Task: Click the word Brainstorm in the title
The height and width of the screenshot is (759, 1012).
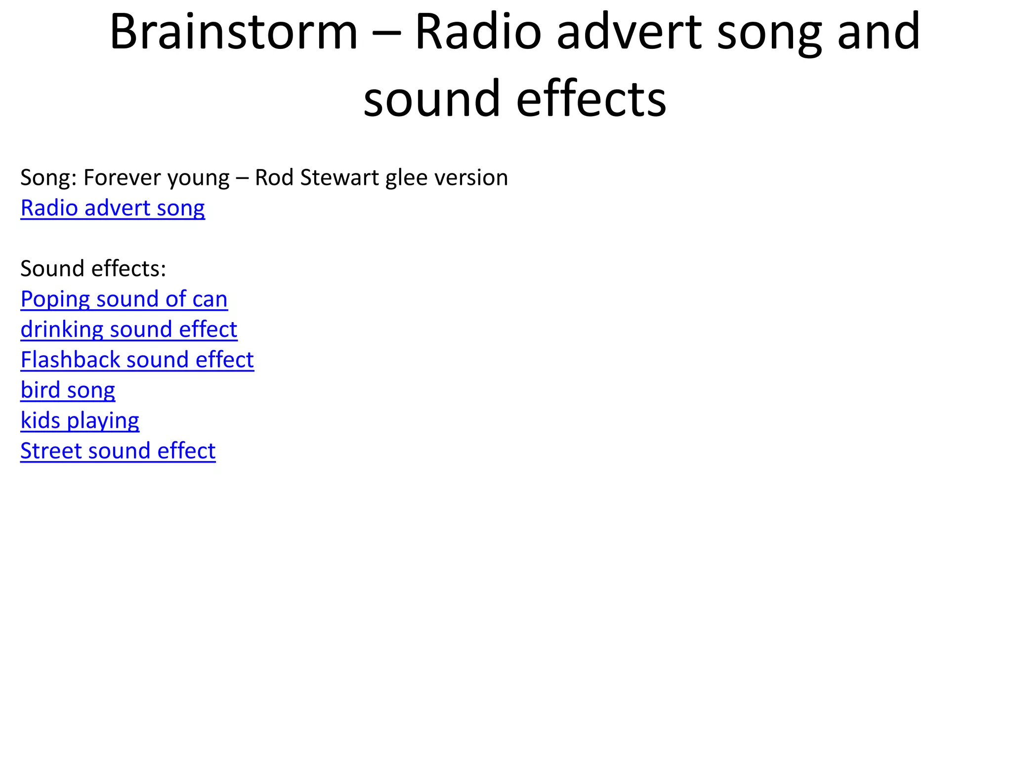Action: click(x=233, y=32)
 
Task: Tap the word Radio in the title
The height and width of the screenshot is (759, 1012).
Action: click(x=478, y=32)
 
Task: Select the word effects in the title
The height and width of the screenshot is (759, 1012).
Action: click(x=591, y=99)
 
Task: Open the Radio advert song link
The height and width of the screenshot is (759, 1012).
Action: click(x=113, y=208)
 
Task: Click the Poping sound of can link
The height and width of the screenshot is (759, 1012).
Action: click(x=124, y=299)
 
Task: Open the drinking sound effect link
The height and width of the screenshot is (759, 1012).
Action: click(x=129, y=330)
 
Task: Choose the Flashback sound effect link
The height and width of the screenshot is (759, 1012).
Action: click(x=137, y=360)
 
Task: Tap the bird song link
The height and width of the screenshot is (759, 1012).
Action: click(x=68, y=390)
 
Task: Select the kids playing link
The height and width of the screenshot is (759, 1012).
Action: click(x=80, y=421)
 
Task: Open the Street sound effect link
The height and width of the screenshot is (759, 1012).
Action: click(x=118, y=451)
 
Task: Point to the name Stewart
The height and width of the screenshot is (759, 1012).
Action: click(x=339, y=178)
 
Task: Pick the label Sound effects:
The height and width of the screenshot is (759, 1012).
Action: click(x=93, y=269)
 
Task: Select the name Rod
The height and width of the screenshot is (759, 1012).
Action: click(x=274, y=178)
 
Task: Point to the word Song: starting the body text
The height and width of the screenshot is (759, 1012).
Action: click(x=48, y=178)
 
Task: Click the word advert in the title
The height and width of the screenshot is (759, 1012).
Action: click(x=629, y=32)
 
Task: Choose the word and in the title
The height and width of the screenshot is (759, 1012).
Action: click(x=879, y=32)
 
